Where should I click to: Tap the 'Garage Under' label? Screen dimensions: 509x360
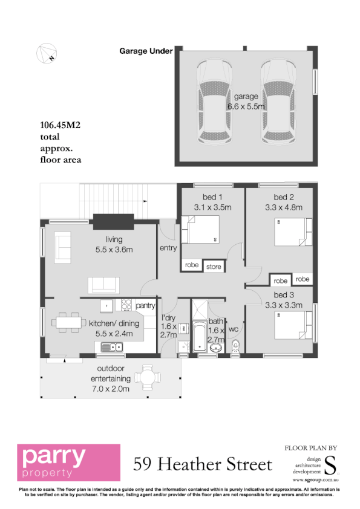[x=146, y=51]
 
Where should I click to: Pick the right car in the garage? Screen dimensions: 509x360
[x=280, y=100]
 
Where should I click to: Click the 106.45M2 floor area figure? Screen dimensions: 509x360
[x=61, y=126]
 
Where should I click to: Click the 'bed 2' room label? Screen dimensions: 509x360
[x=284, y=197]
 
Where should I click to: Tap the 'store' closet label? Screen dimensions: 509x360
[x=214, y=266]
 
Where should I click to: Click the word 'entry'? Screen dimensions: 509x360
[x=168, y=248]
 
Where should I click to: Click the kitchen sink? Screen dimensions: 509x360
[x=113, y=347]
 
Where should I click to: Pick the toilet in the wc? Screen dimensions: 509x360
[x=237, y=346]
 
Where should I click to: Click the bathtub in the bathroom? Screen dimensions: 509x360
[x=199, y=336]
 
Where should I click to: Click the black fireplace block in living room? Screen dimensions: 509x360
[x=111, y=222]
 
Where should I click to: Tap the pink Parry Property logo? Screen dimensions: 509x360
[x=68, y=463]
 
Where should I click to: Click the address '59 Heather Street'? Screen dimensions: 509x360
[x=203, y=464]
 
